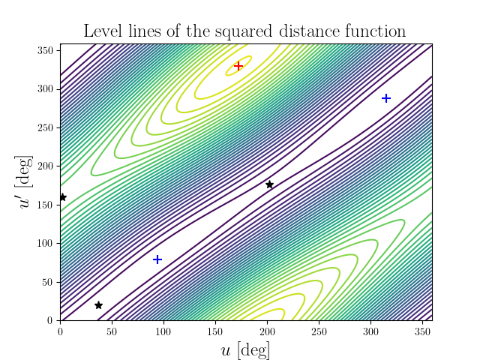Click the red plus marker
pyautogui.click(x=238, y=66)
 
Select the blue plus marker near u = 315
pyautogui.click(x=386, y=98)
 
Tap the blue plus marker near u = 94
pyautogui.click(x=157, y=259)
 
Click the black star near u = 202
pyautogui.click(x=269, y=184)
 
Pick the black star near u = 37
pyautogui.click(x=98, y=305)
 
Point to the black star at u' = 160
pyautogui.click(x=63, y=197)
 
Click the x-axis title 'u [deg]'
pyautogui.click(x=246, y=349)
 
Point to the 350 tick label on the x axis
pyautogui.click(x=421, y=331)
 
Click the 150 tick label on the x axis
pyautogui.click(x=215, y=331)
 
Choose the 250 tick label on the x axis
pyautogui.click(x=319, y=331)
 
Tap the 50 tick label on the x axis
pyautogui.click(x=112, y=331)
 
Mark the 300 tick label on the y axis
pyautogui.click(x=46, y=88)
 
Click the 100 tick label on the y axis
pyautogui.click(x=46, y=243)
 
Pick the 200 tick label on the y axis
pyautogui.click(x=46, y=166)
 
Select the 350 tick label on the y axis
pyautogui.click(x=46, y=50)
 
